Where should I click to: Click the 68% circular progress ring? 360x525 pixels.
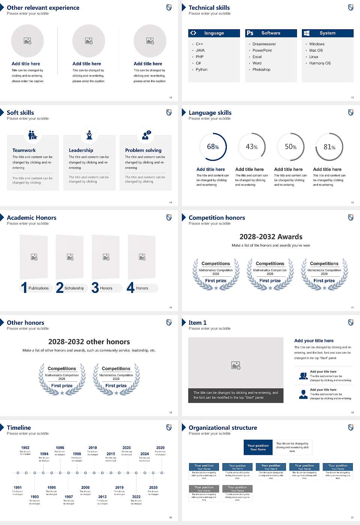(213, 147)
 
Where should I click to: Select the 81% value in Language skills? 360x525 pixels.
(329, 147)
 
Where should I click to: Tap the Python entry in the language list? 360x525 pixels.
(201, 69)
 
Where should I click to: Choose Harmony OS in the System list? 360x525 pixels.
(320, 63)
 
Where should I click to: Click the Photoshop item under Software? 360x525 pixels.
(261, 69)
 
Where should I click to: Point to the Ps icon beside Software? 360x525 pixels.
(250, 33)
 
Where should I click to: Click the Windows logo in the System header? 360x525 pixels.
(306, 33)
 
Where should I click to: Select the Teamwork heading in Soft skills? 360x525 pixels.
(24, 150)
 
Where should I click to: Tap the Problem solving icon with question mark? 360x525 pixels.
(145, 135)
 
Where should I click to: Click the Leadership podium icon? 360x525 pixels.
(89, 135)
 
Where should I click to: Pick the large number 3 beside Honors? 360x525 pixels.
(95, 288)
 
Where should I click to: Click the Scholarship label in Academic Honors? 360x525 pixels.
(74, 288)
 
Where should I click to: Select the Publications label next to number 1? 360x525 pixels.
(39, 288)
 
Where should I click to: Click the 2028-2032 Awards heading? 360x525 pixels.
(271, 237)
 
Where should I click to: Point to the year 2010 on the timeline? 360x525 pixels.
(93, 447)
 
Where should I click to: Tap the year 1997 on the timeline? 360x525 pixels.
(69, 496)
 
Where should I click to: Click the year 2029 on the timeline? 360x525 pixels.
(160, 447)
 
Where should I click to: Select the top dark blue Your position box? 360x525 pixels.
(258, 447)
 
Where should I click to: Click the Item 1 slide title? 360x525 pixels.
(197, 322)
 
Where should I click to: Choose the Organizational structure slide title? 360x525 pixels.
(223, 427)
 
